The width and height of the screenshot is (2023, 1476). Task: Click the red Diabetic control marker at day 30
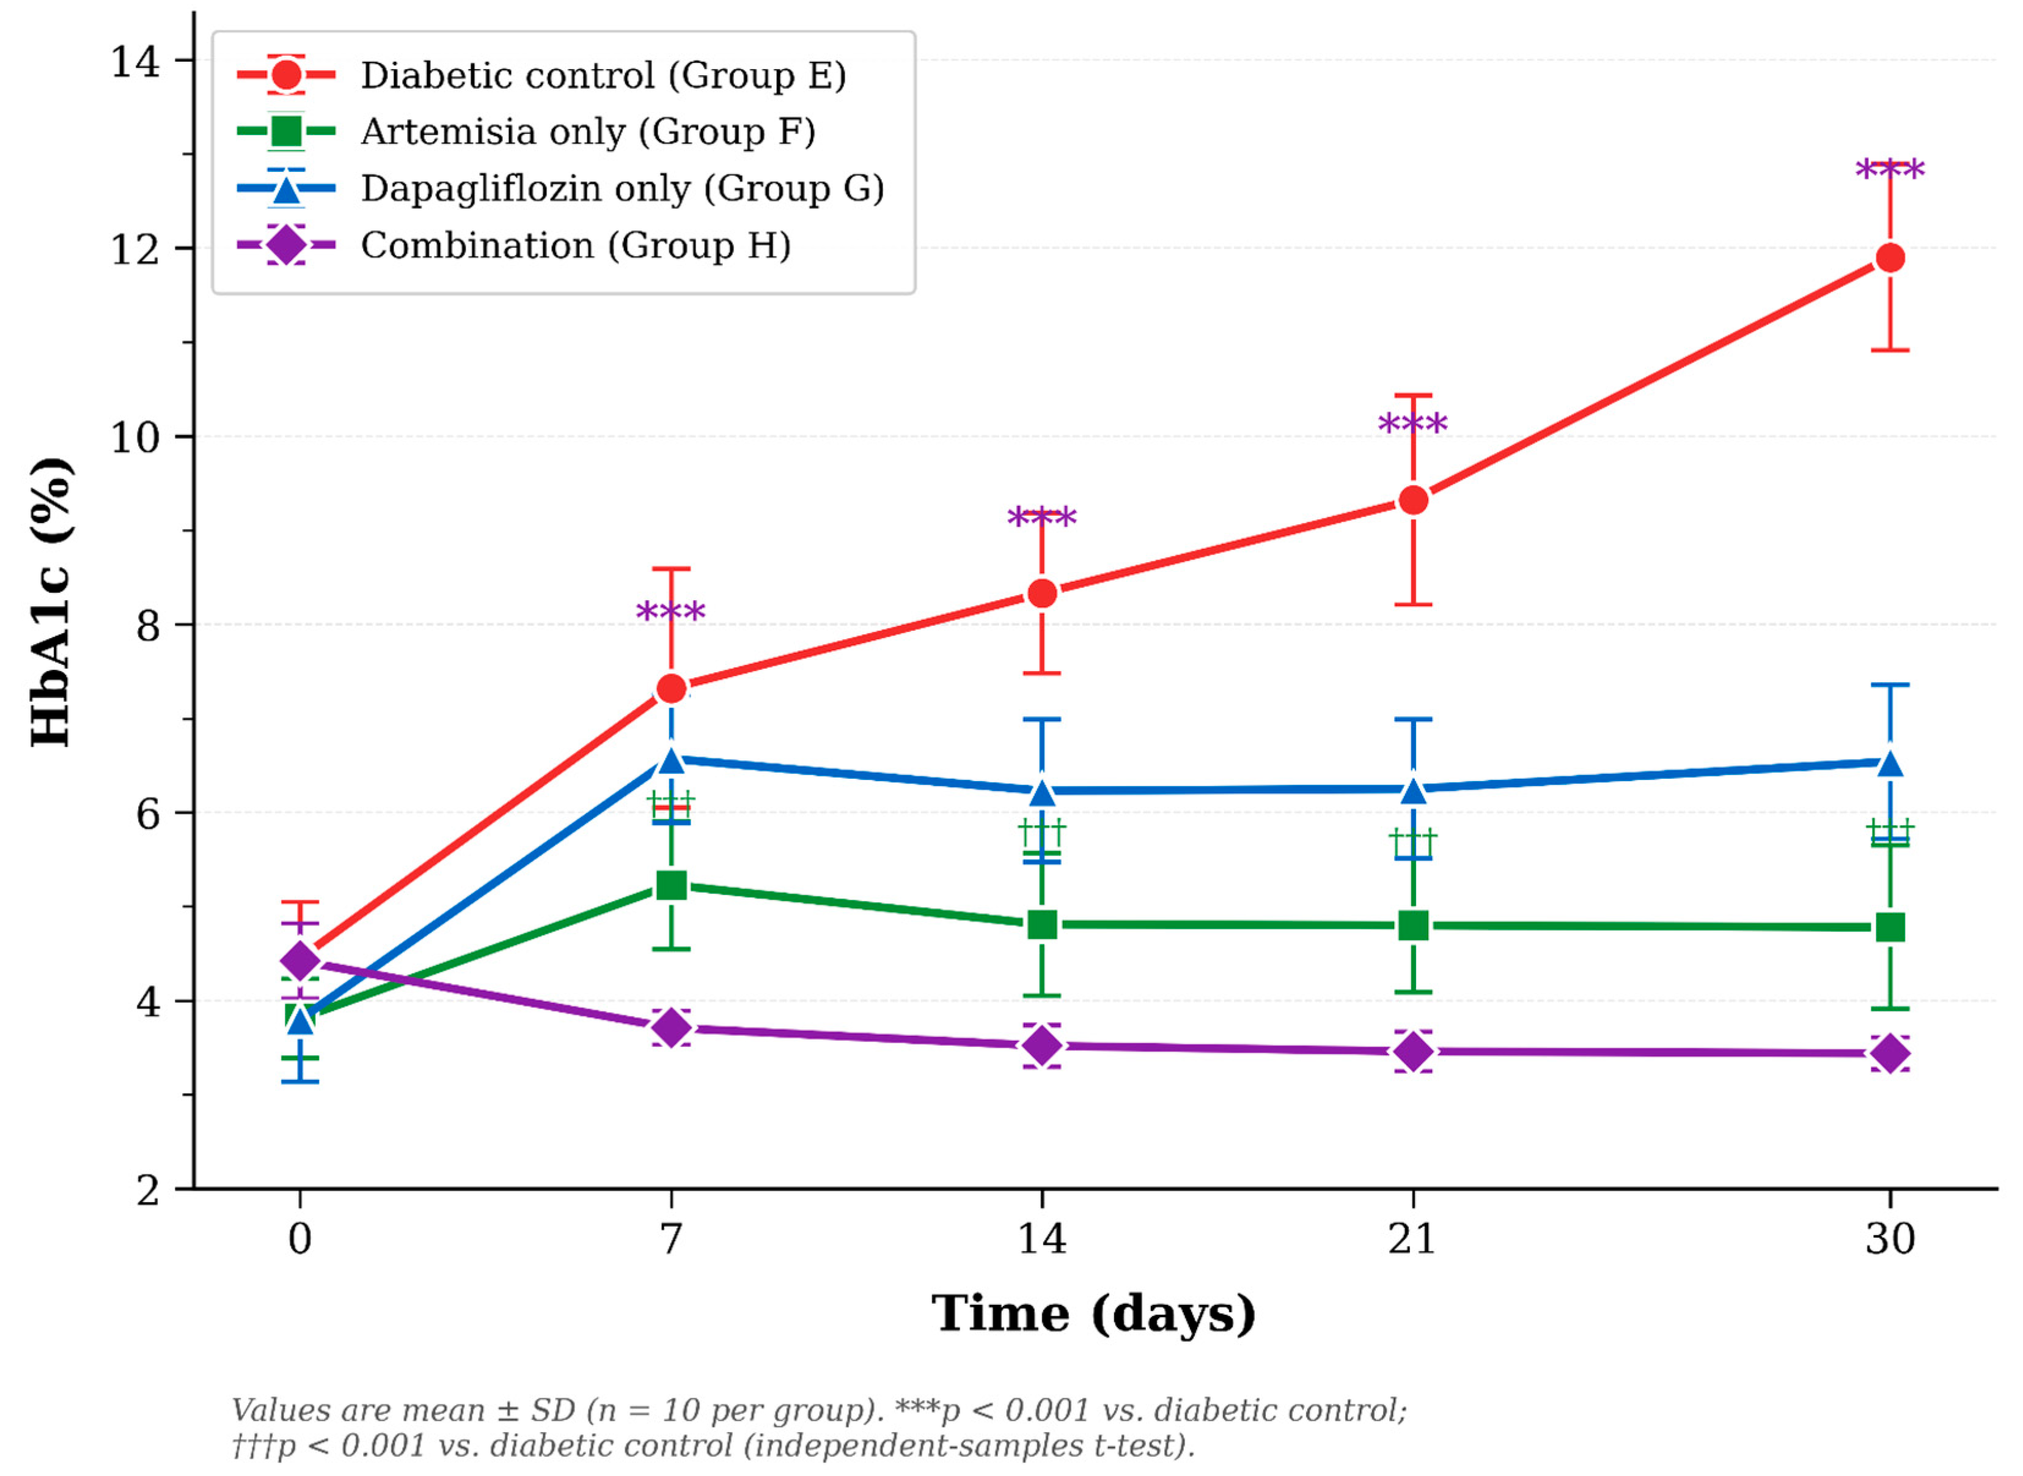[1890, 258]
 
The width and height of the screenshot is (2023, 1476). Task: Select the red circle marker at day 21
[1412, 501]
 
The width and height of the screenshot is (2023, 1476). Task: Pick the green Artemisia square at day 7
[671, 886]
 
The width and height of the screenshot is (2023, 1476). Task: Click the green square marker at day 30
[1890, 927]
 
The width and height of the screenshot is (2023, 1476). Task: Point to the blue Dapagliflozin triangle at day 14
[1042, 791]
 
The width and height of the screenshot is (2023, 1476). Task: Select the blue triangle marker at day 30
[1890, 763]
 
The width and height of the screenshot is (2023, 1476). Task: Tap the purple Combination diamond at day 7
[671, 1029]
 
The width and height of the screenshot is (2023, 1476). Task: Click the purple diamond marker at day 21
[1412, 1052]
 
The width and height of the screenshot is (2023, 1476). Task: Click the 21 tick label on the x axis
[1412, 1238]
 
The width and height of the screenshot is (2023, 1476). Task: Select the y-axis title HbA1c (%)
[51, 602]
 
